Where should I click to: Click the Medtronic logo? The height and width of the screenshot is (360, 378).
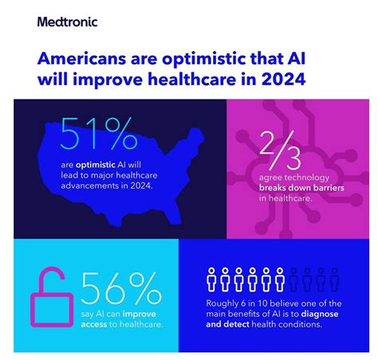[x=67, y=22]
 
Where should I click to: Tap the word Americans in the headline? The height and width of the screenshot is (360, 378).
[x=81, y=59]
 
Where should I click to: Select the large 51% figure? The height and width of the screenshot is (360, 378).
[x=99, y=134]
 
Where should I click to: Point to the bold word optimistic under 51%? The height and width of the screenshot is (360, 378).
[x=96, y=165]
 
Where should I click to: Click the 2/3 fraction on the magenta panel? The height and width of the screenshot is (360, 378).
[x=280, y=150]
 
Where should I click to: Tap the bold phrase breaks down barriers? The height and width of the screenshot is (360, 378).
[x=301, y=188]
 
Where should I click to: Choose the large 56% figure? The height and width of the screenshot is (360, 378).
[x=121, y=288]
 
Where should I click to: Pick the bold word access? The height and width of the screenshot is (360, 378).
[x=94, y=324]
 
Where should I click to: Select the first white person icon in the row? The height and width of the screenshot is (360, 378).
[x=211, y=280]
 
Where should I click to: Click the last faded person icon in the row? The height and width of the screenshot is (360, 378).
[x=334, y=280]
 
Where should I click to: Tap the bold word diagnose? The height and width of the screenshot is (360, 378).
[x=320, y=314]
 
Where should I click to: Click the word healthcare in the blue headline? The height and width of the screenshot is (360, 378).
[x=192, y=79]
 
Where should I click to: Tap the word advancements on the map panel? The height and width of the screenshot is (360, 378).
[x=90, y=186]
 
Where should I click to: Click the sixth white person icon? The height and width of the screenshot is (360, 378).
[x=280, y=280]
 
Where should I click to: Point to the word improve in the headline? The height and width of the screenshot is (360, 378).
[x=108, y=79]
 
